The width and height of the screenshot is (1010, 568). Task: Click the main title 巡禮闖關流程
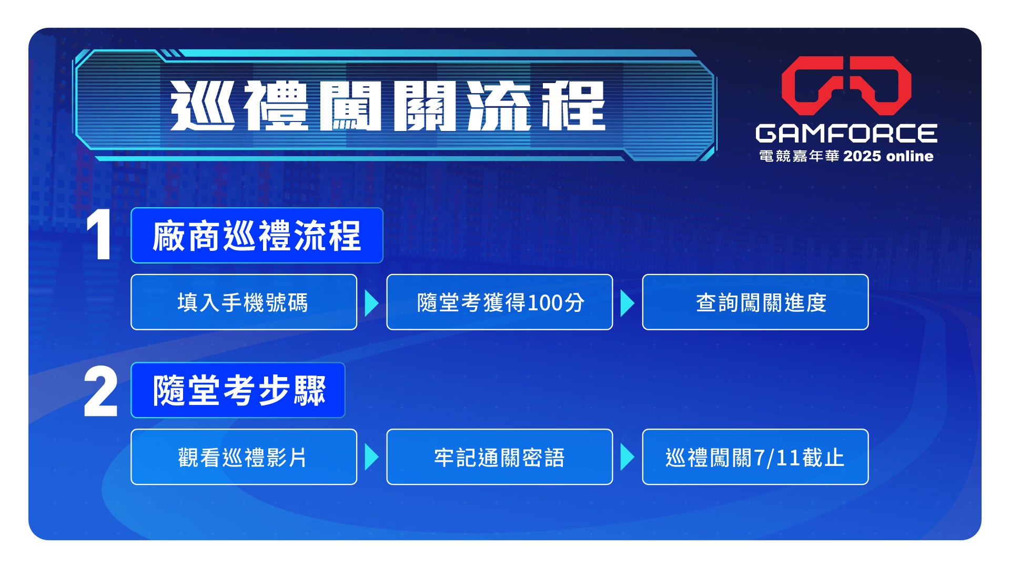pyautogui.click(x=388, y=106)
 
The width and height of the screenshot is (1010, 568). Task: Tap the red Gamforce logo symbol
pyautogui.click(x=846, y=85)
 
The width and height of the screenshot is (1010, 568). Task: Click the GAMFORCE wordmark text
pyautogui.click(x=846, y=134)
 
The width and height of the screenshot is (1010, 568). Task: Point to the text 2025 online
pyautogui.click(x=888, y=156)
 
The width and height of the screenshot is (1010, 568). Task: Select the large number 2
pyautogui.click(x=100, y=391)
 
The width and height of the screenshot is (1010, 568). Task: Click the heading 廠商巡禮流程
pyautogui.click(x=257, y=236)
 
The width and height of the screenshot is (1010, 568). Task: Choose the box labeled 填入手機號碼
pyautogui.click(x=244, y=302)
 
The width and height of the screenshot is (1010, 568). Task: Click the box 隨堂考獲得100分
pyautogui.click(x=500, y=302)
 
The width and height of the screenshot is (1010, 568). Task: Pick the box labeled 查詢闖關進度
pyautogui.click(x=755, y=302)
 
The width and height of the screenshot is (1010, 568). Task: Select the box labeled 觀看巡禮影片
pyautogui.click(x=244, y=457)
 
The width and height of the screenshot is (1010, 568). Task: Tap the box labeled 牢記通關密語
pyautogui.click(x=500, y=457)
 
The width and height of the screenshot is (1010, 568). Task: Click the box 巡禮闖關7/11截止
pyautogui.click(x=755, y=457)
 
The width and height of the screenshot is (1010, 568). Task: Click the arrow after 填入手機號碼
pyautogui.click(x=371, y=303)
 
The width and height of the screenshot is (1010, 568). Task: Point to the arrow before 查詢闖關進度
pyautogui.click(x=627, y=303)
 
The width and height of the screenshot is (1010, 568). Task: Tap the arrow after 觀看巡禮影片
pyautogui.click(x=371, y=457)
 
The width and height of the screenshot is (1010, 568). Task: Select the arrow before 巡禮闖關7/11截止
pyautogui.click(x=627, y=457)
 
